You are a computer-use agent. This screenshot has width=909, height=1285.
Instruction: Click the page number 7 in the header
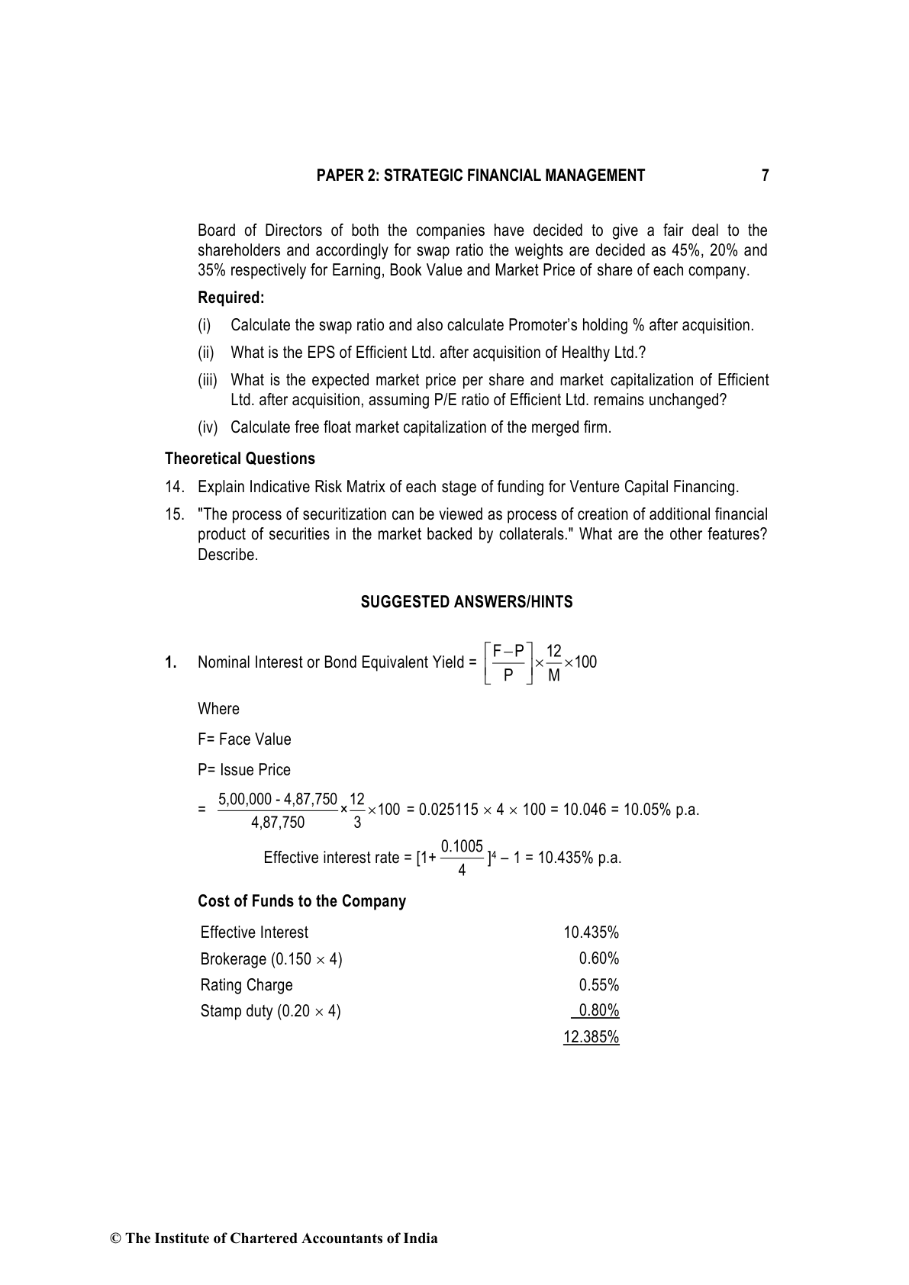765,176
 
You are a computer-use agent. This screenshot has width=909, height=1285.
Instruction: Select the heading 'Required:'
230,298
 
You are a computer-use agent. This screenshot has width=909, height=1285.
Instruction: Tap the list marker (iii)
208,380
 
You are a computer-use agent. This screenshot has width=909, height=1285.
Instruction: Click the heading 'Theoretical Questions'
240,459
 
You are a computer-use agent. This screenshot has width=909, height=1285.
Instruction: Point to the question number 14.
174,487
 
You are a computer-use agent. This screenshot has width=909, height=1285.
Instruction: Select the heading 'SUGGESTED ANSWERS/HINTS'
466,602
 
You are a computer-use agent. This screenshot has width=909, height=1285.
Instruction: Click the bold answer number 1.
170,662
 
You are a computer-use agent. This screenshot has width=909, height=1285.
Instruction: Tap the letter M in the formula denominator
554,675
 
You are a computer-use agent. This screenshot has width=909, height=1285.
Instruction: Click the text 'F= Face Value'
244,739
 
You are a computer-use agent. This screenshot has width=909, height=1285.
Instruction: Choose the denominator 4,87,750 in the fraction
278,822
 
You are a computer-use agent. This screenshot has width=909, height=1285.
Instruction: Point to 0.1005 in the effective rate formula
462,846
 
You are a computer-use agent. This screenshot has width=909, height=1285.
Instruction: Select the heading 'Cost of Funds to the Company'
301,901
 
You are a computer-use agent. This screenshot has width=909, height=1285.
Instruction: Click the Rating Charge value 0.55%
598,985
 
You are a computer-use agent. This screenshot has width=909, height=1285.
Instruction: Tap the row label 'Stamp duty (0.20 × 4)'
270,1011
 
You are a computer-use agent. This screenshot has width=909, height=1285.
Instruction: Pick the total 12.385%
591,1037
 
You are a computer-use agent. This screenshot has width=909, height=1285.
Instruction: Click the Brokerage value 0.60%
598,958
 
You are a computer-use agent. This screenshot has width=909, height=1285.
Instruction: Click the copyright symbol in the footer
116,1238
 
